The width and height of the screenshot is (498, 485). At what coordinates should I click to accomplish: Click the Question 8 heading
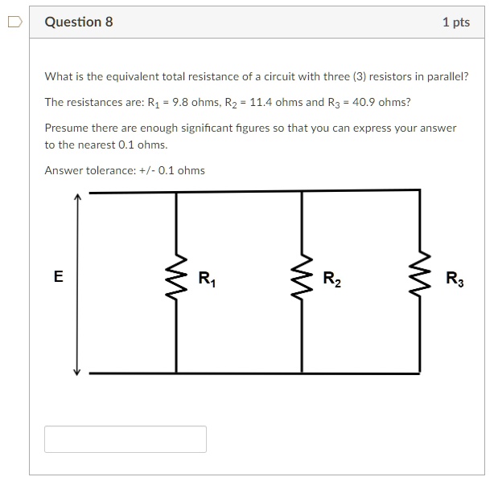pyautogui.click(x=79, y=22)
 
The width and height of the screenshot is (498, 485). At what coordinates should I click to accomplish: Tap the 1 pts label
pyautogui.click(x=455, y=22)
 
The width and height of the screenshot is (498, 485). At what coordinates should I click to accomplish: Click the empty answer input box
pyautogui.click(x=126, y=439)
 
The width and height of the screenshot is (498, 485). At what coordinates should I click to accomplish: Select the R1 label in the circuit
pyautogui.click(x=206, y=279)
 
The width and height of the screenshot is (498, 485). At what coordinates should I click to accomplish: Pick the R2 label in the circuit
pyautogui.click(x=331, y=279)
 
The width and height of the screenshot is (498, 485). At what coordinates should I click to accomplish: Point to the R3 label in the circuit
pyautogui.click(x=455, y=279)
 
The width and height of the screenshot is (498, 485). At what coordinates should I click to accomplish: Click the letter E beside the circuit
pyautogui.click(x=58, y=277)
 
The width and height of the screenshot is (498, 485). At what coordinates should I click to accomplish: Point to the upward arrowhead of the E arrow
pyautogui.click(x=77, y=197)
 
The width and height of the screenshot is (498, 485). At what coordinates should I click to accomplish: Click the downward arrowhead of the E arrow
pyautogui.click(x=77, y=370)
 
